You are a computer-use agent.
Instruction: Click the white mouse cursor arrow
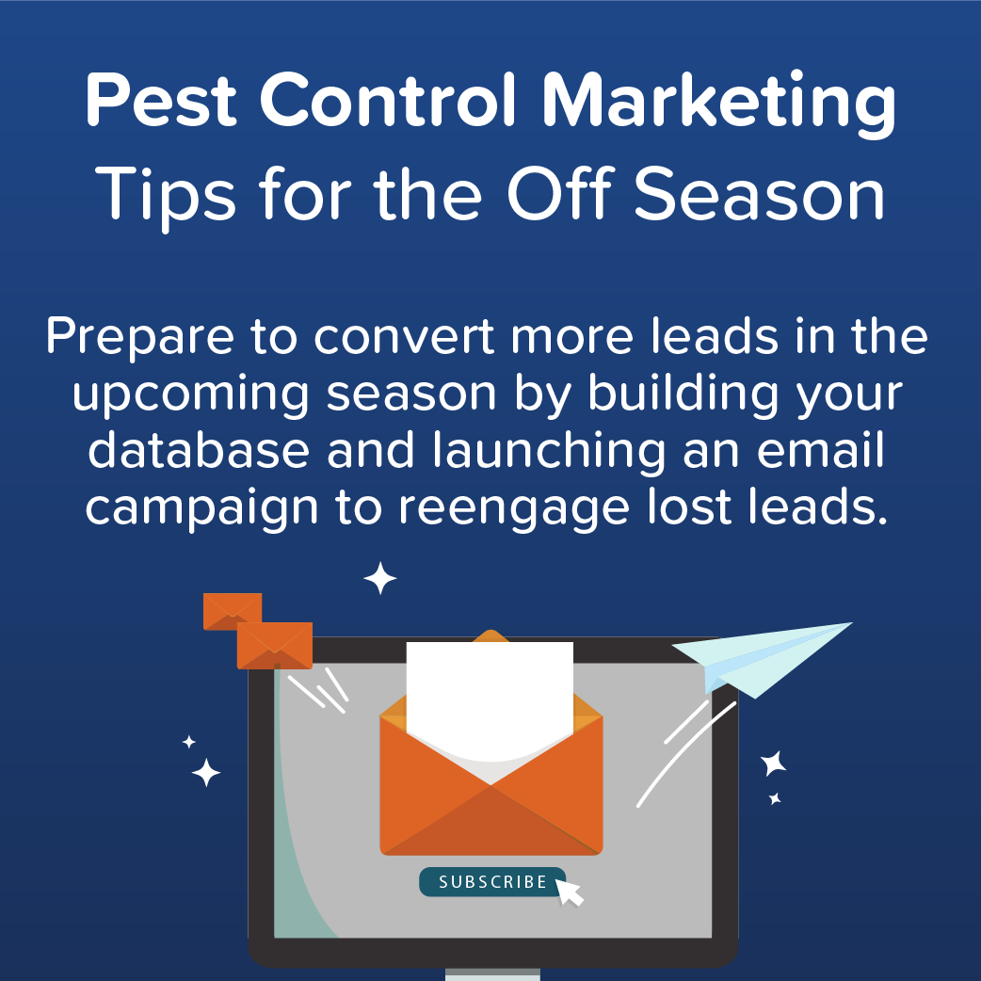tap(570, 891)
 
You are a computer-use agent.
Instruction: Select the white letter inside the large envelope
tap(490, 697)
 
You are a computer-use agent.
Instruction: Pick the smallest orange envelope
tap(232, 610)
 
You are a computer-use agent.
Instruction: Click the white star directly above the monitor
tap(380, 579)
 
